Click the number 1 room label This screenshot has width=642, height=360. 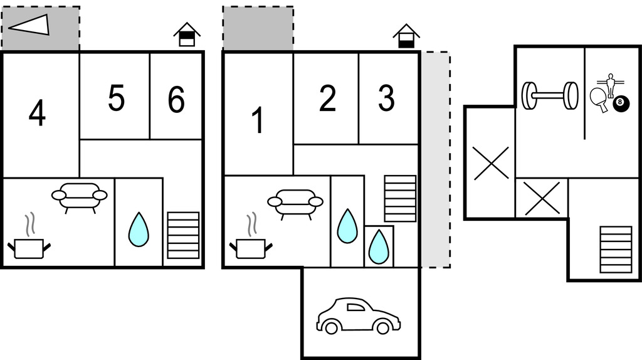pos(257,120)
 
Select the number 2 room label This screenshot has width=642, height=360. pos(327,99)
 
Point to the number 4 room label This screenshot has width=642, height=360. pos(38,114)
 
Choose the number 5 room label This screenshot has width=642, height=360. pos(116,98)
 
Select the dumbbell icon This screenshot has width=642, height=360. pos(550,95)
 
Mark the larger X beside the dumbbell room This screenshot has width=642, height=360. pos(490,164)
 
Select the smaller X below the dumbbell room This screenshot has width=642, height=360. pos(541,198)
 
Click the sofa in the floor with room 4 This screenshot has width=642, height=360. pos(80,197)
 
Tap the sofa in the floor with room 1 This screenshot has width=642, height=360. pos(295,203)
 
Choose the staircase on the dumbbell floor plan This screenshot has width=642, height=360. pos(615,249)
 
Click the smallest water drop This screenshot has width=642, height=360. pos(378,247)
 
